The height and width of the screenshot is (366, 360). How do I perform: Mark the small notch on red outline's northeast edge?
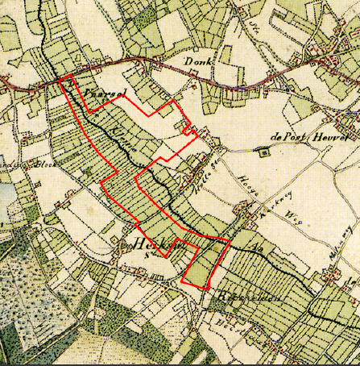point(188,127)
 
